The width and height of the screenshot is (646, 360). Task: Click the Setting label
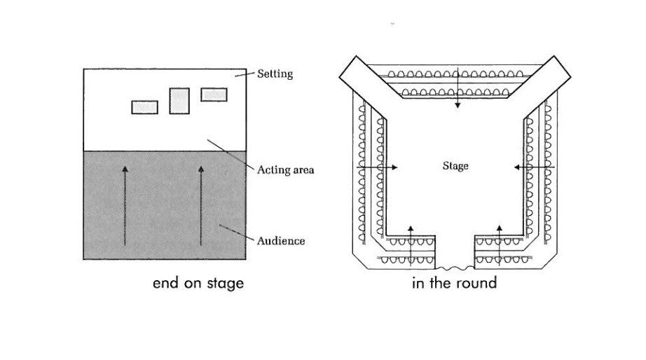pyautogui.click(x=275, y=73)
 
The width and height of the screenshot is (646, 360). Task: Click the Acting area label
pyautogui.click(x=286, y=170)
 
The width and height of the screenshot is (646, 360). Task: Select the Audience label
pyautogui.click(x=281, y=241)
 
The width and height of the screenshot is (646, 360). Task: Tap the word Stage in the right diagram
pyautogui.click(x=455, y=166)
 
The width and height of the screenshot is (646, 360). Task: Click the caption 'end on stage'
pyautogui.click(x=198, y=284)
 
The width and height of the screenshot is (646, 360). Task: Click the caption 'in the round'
pyautogui.click(x=455, y=284)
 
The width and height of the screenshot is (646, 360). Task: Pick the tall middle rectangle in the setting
pyautogui.click(x=179, y=101)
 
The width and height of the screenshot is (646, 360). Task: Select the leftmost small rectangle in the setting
pyautogui.click(x=145, y=107)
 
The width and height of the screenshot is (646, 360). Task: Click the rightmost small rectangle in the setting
pyautogui.click(x=214, y=95)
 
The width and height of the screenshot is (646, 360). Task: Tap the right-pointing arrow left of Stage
pyautogui.click(x=378, y=167)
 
